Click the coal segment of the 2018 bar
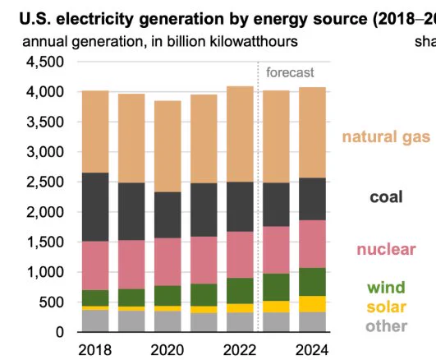point(95,207)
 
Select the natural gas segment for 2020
point(168,146)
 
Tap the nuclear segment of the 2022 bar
point(240,255)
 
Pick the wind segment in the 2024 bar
point(312,282)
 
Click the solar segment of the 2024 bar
point(312,304)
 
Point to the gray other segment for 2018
point(95,321)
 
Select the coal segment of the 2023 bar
point(276,205)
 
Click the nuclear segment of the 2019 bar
point(131,265)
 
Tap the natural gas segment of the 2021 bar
point(204,139)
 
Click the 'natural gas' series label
point(386,137)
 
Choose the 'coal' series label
point(386,196)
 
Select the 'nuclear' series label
point(386,249)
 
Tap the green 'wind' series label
point(386,288)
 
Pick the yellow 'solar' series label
point(387,307)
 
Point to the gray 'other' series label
point(387,326)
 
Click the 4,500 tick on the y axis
point(45,62)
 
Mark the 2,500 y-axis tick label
point(45,182)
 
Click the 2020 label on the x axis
point(168,350)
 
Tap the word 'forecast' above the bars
point(290,72)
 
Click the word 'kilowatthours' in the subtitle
point(254,42)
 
